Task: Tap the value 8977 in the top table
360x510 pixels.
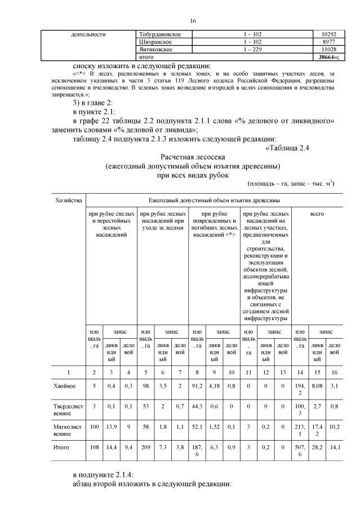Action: tap(322, 42)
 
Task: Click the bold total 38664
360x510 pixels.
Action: tap(323, 57)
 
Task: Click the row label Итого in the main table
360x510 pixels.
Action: tap(61, 447)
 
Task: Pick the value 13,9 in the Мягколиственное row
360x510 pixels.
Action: tap(112, 427)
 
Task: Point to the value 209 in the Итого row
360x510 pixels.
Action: tap(145, 447)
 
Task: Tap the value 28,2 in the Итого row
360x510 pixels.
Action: tap(317, 447)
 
